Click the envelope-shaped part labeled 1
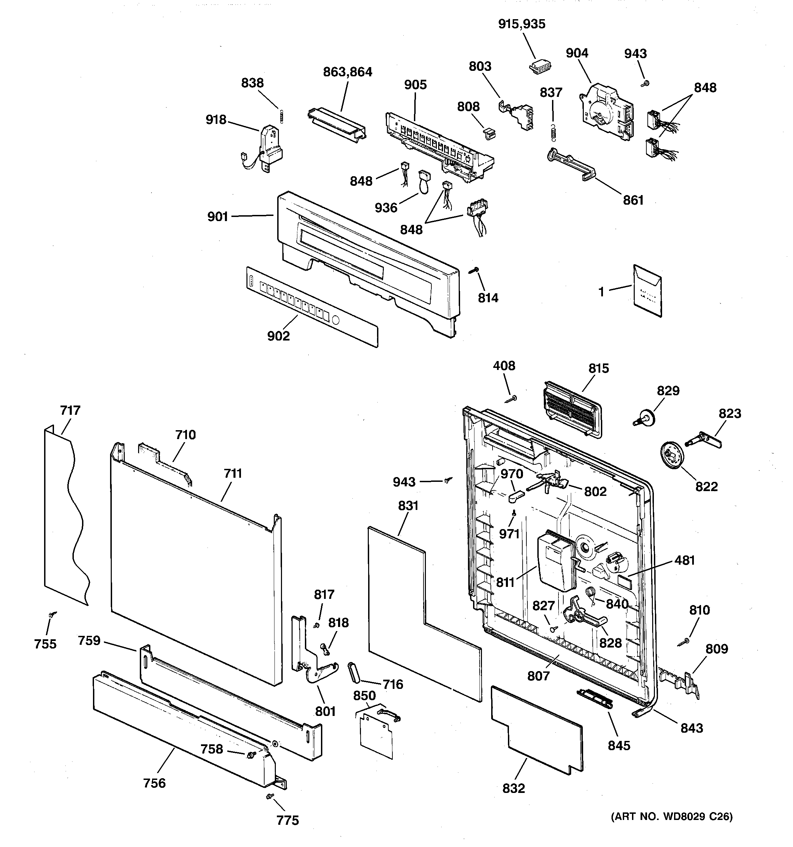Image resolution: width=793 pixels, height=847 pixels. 647,291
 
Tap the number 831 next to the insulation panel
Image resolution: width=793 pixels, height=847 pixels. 408,506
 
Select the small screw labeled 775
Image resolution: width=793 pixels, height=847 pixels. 269,796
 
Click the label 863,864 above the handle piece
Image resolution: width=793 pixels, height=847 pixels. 347,72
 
